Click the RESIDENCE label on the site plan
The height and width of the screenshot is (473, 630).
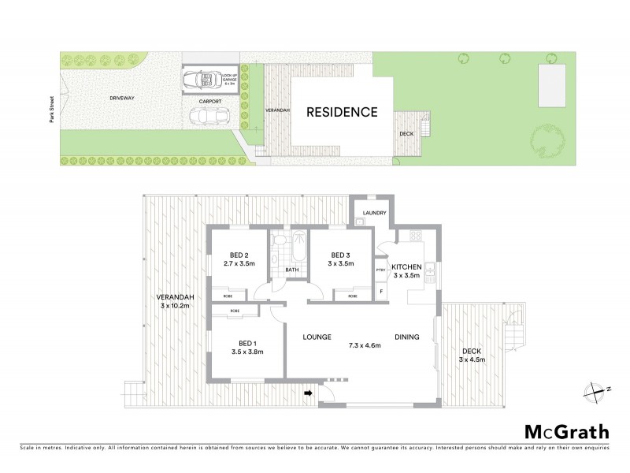click(342, 112)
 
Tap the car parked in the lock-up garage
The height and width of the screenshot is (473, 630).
click(201, 80)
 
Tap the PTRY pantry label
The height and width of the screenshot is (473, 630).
click(380, 270)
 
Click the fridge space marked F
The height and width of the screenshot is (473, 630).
click(381, 292)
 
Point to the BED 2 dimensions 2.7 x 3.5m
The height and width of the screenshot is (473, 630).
click(238, 263)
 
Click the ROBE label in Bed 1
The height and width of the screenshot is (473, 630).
click(235, 312)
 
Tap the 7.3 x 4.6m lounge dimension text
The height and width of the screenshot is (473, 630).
click(365, 345)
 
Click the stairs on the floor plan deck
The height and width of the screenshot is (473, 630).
click(514, 327)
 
